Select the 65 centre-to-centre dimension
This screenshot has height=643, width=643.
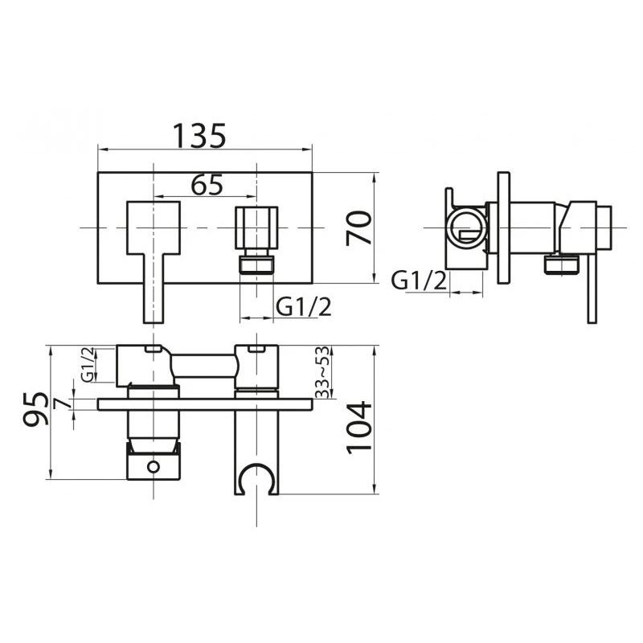[207, 185]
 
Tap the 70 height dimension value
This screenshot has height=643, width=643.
[359, 227]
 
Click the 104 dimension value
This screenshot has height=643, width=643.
[359, 427]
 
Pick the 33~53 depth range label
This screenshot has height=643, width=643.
[321, 372]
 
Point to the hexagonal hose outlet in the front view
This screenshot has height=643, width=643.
[256, 227]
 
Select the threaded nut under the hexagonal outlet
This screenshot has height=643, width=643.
[256, 264]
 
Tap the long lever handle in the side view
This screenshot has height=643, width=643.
[592, 289]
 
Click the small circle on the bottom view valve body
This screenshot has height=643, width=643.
[153, 465]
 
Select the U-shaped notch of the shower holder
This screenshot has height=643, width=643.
[256, 474]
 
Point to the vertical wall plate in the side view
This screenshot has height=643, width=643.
[504, 227]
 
